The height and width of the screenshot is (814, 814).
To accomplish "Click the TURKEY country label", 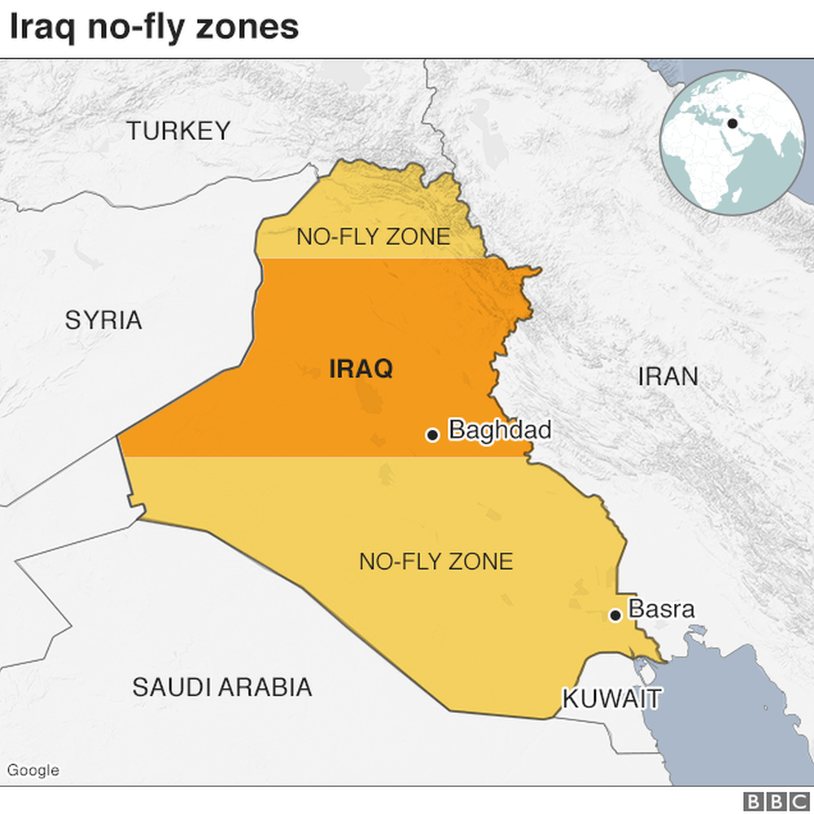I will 178,130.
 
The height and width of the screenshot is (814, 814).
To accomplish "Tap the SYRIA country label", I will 103,320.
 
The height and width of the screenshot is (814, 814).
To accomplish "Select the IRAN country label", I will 667,376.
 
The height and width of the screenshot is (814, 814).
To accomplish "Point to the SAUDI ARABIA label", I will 222,687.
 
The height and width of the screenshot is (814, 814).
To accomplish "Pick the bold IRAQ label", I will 361,369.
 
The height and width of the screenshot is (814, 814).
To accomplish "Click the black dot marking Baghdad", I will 433,435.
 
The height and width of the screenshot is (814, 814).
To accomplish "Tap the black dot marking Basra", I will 616,615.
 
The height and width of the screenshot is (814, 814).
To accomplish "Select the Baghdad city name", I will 500,430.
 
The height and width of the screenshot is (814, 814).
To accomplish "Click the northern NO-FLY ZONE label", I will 373,237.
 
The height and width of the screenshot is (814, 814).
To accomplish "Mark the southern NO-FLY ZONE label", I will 436,561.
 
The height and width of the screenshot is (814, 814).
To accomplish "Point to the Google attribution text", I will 33,770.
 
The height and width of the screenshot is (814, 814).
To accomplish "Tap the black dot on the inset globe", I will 732,124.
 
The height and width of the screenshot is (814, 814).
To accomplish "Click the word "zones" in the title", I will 247,27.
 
